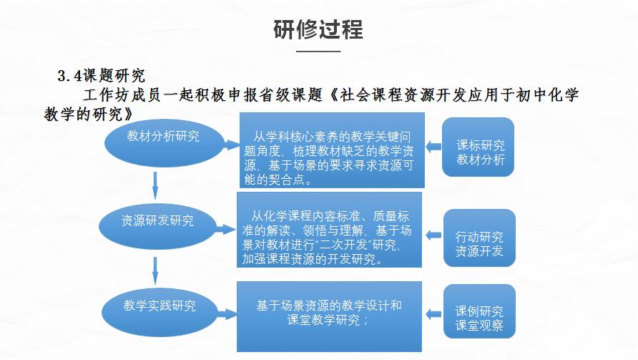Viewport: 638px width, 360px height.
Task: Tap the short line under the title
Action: [x=318, y=52]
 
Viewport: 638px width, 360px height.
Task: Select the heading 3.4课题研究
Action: [x=102, y=76]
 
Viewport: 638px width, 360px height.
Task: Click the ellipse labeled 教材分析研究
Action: [x=164, y=143]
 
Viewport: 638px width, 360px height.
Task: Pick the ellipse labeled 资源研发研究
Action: [x=157, y=227]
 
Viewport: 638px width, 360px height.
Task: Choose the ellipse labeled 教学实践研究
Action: [x=159, y=312]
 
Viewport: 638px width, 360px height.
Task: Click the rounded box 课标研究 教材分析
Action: [x=478, y=147]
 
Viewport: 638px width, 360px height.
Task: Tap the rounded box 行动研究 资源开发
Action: [x=479, y=238]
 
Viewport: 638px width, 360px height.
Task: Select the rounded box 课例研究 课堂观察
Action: [x=479, y=311]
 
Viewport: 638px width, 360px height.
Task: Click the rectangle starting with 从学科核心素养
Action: [x=332, y=150]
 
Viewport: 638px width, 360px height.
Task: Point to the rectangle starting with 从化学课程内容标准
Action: [x=329, y=230]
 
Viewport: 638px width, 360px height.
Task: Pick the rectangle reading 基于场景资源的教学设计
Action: [x=329, y=316]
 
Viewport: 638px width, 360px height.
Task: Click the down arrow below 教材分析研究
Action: [x=155, y=185]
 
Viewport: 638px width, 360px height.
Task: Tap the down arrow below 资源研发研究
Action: [x=155, y=271]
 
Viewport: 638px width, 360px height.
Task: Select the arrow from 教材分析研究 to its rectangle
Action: [x=231, y=145]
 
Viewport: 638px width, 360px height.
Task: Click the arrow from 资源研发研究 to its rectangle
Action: [x=226, y=229]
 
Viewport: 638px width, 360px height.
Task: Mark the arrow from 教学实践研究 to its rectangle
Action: [x=227, y=314]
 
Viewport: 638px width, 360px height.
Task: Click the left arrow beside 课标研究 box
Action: [x=433, y=147]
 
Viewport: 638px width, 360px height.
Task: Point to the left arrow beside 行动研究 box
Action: [x=433, y=235]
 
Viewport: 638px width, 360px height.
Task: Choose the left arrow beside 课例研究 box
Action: [x=433, y=314]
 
